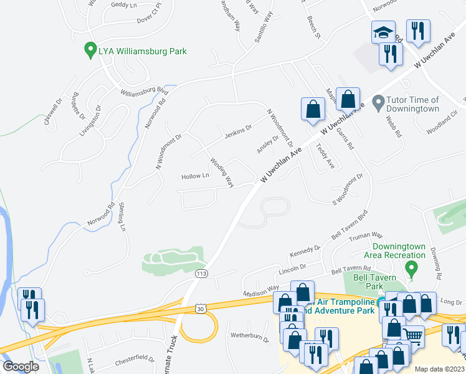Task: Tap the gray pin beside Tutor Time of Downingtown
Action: (377, 101)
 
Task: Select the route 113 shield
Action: (201, 274)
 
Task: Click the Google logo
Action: (21, 366)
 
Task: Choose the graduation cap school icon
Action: (383, 32)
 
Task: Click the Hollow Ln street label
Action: (195, 176)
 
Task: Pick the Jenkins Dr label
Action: (237, 129)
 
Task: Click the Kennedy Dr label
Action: (305, 252)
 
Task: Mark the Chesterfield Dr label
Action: (134, 359)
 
